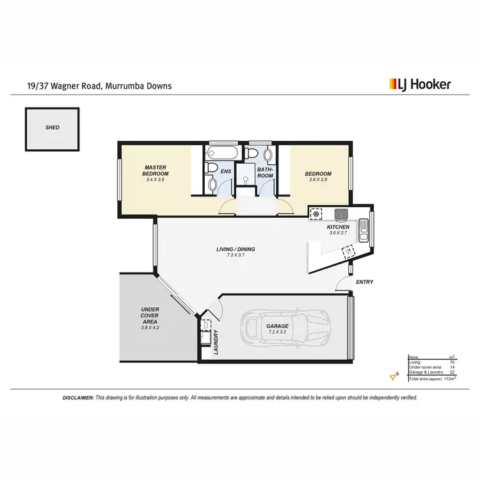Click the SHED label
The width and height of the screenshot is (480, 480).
click(52, 127)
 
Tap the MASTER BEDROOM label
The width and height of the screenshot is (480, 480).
click(156, 171)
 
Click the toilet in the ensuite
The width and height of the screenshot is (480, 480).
click(212, 184)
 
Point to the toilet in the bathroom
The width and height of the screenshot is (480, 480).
click(253, 153)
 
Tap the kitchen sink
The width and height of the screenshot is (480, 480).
click(364, 229)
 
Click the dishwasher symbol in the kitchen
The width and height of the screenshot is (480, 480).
click(348, 252)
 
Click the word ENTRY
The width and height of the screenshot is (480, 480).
click(364, 282)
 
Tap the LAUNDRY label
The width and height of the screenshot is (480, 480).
click(216, 342)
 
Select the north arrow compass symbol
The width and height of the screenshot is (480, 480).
click(394, 376)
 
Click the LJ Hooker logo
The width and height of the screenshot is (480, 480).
click(420, 84)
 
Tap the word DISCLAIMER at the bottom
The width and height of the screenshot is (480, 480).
click(78, 397)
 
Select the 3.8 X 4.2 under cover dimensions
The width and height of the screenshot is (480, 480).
click(150, 327)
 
